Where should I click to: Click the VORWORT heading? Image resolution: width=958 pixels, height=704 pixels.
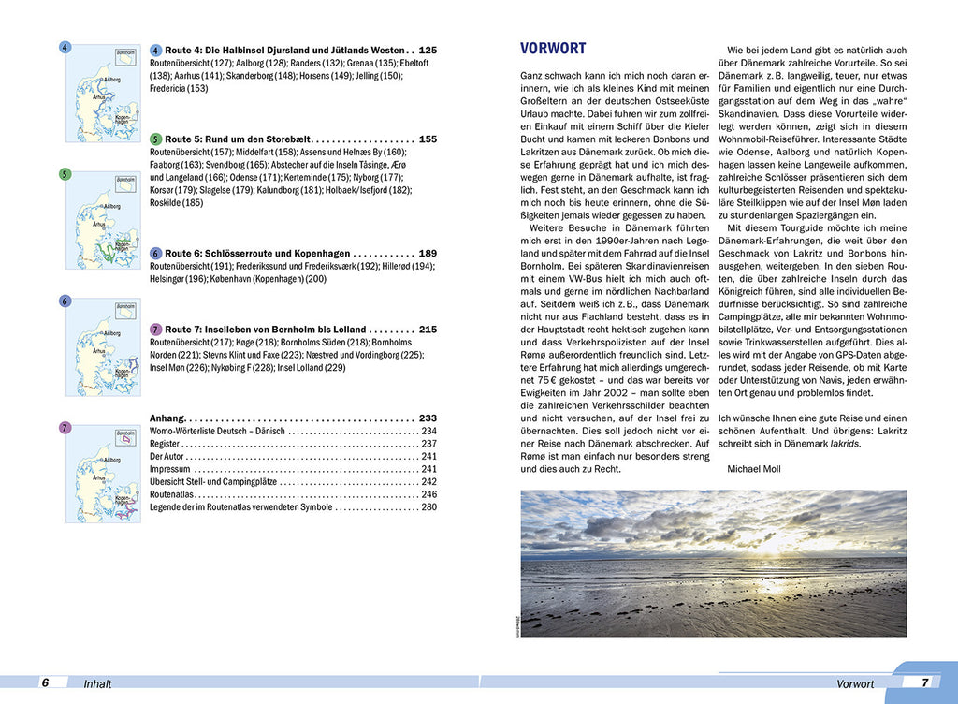[x=552, y=49]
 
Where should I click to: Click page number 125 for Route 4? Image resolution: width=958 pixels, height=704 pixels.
[x=428, y=50]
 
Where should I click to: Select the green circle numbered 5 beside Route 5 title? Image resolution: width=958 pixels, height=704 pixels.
[x=155, y=139]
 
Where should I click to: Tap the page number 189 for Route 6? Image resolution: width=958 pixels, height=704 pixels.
[x=428, y=253]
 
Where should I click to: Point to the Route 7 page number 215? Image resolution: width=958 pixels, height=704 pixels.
[x=428, y=330]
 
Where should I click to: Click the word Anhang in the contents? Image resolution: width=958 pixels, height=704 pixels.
[x=167, y=418]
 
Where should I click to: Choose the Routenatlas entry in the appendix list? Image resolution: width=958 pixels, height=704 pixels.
[x=172, y=494]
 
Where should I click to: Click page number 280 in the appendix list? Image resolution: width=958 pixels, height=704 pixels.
[x=428, y=506]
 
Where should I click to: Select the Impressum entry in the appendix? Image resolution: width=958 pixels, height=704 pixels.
[x=170, y=469]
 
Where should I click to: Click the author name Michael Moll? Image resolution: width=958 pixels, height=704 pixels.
[x=753, y=469]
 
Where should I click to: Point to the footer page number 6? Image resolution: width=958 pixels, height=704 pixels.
[x=44, y=682]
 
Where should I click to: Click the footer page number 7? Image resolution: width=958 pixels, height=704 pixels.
[x=924, y=682]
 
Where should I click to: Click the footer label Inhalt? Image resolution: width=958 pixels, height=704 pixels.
[x=97, y=684]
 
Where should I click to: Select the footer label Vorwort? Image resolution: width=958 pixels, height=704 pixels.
[x=855, y=684]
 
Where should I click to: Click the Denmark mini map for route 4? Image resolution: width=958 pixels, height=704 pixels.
[x=103, y=82]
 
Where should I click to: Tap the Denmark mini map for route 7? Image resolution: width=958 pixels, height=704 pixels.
[x=103, y=472]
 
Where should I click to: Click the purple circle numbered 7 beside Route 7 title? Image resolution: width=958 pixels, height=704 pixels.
[x=155, y=330]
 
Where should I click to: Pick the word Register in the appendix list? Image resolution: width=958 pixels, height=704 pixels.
[x=166, y=444]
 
